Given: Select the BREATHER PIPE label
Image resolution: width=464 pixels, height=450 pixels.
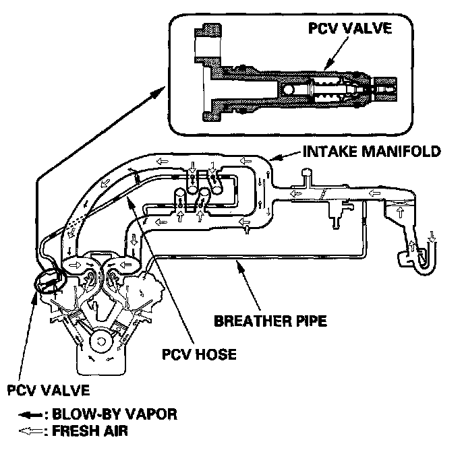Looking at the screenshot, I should pos(270,320).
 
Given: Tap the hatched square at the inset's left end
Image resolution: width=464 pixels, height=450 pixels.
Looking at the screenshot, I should pos(207,33).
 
